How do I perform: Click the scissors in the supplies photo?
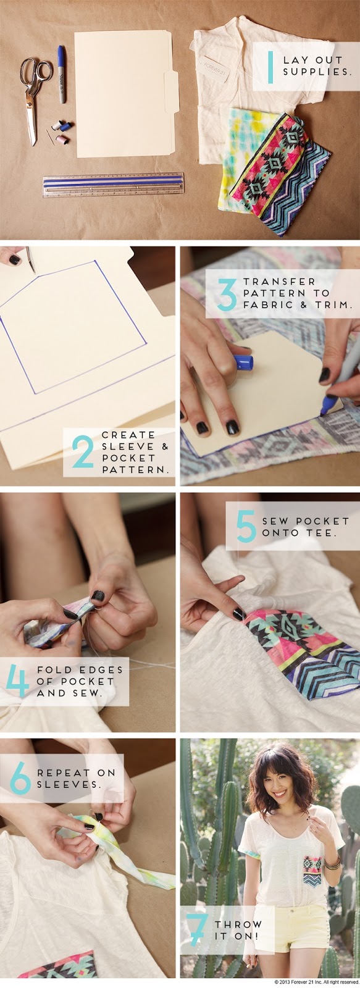[x=33, y=95]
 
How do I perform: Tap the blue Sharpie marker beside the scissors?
[x=61, y=74]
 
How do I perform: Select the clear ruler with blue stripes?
[x=114, y=185]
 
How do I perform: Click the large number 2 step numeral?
[x=83, y=451]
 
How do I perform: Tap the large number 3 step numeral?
[x=227, y=293]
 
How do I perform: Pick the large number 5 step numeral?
[x=246, y=526]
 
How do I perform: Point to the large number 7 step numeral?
[x=196, y=930]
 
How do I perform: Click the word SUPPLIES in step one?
[x=317, y=72]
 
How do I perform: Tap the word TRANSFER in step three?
[x=280, y=282]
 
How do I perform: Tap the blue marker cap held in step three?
[x=243, y=362]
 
